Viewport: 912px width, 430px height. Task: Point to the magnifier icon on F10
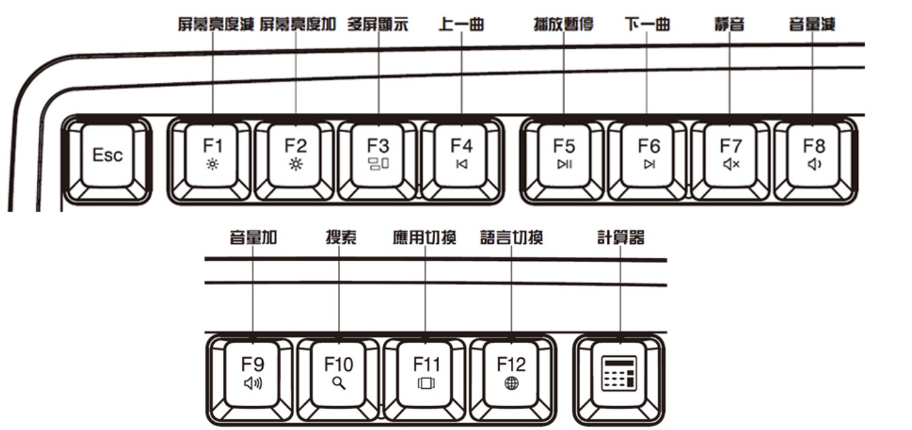(339, 383)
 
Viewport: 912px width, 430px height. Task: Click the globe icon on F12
(511, 383)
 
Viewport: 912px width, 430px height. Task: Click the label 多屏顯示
(378, 25)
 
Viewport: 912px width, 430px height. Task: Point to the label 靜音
(729, 25)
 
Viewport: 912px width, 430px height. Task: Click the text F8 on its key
(814, 146)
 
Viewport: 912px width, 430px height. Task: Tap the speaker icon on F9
(253, 383)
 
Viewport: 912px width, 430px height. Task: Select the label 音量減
(812, 25)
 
